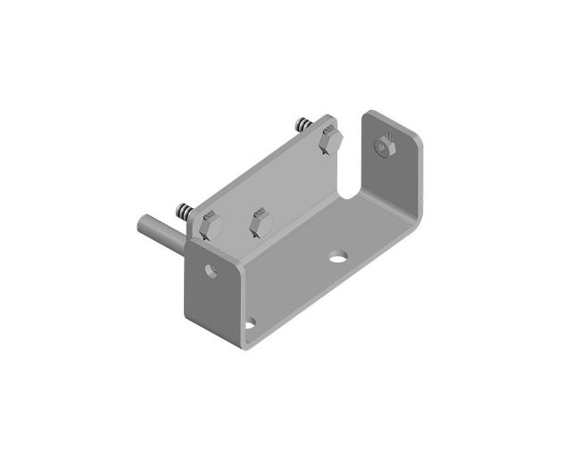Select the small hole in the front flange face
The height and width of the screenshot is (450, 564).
[212, 268]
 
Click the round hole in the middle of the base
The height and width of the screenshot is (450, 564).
[337, 257]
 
